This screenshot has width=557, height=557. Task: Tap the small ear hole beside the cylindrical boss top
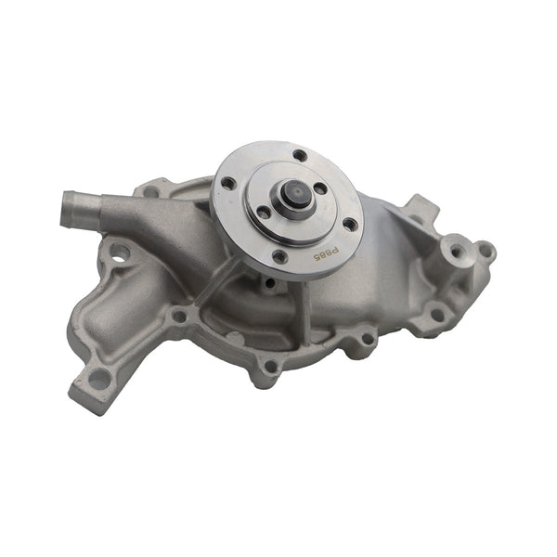[484, 250]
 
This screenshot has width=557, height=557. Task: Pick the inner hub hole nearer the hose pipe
[264, 213]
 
